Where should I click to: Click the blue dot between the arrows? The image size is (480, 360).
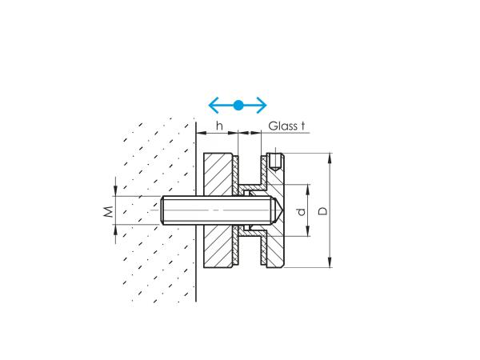238,105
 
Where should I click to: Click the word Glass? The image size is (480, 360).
282,126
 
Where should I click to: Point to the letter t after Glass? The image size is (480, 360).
303,126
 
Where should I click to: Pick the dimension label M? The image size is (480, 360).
106,210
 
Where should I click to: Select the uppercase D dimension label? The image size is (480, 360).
322,210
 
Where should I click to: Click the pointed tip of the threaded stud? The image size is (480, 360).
278,210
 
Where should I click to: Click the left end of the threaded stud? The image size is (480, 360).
164,210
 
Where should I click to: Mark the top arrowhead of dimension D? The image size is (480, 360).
329,156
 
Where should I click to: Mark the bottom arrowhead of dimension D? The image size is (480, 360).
329,264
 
